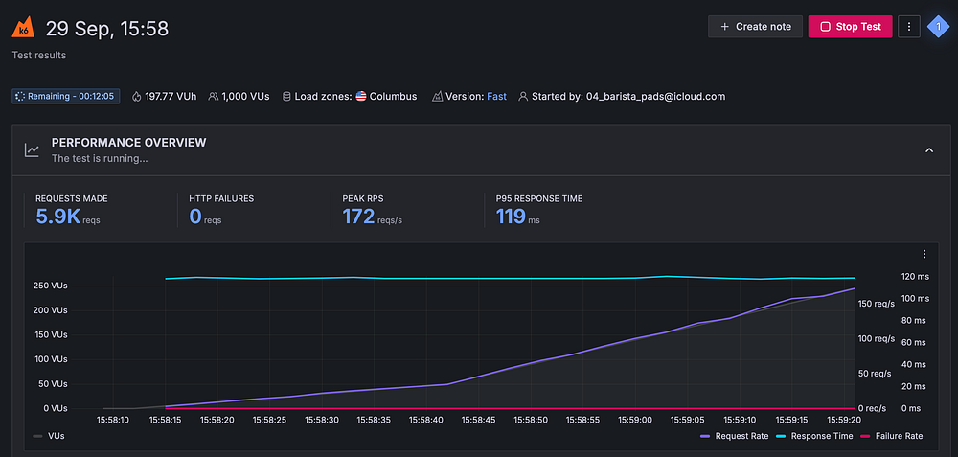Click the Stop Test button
pyautogui.click(x=850, y=27)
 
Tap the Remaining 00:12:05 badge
pyautogui.click(x=66, y=96)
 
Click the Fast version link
pyautogui.click(x=496, y=96)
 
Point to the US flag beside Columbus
pyautogui.click(x=361, y=96)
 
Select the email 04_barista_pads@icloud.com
pyautogui.click(x=655, y=96)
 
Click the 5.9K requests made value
pyautogui.click(x=57, y=217)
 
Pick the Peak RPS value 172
pyautogui.click(x=358, y=217)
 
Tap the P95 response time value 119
pyautogui.click(x=511, y=217)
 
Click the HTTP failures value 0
pyautogui.click(x=195, y=217)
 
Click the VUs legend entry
pyautogui.click(x=50, y=436)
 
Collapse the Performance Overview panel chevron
pyautogui.click(x=928, y=149)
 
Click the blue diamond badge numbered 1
pyautogui.click(x=937, y=27)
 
